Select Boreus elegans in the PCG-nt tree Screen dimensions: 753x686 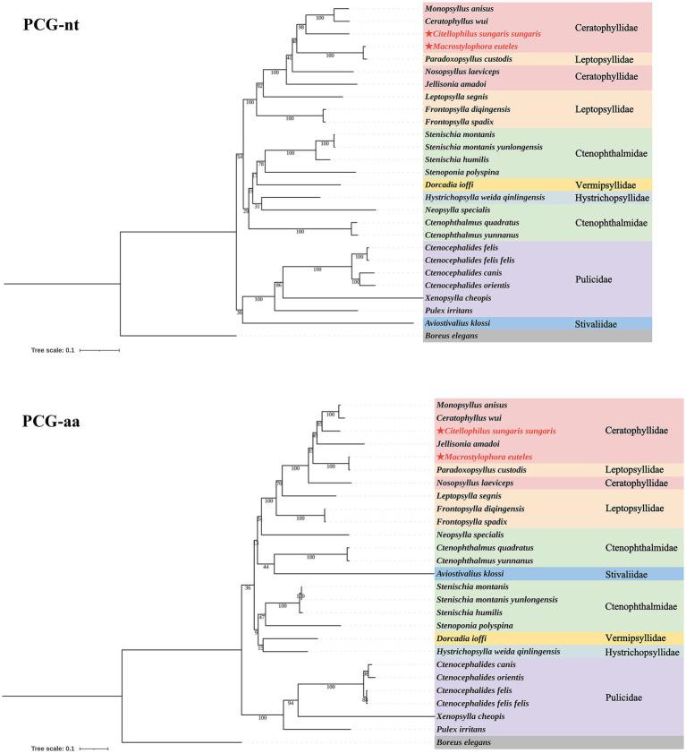point(454,335)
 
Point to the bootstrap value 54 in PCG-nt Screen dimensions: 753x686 point(239,157)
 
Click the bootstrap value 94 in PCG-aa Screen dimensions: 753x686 point(291,704)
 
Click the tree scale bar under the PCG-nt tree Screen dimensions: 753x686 point(99,350)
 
